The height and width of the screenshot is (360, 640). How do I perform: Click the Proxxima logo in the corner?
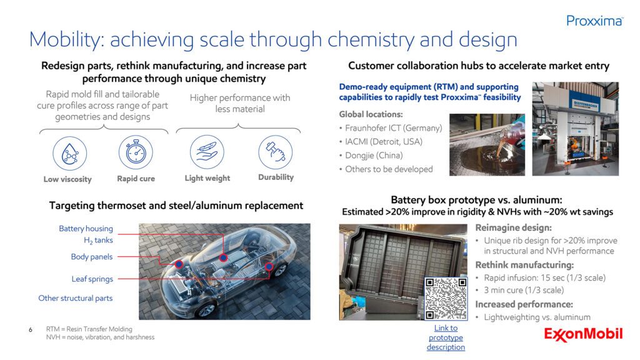point(595,21)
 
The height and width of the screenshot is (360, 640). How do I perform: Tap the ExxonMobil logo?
point(583,334)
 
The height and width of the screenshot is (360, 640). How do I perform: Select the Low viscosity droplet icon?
point(70,154)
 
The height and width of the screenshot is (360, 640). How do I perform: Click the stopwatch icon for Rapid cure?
point(136,152)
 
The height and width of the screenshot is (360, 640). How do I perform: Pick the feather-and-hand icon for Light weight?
point(207,152)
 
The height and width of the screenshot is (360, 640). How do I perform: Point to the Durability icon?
point(276,152)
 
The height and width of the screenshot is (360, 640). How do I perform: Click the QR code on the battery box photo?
point(446,299)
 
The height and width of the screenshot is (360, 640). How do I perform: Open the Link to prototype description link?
point(446,337)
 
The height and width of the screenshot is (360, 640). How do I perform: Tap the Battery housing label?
point(86,229)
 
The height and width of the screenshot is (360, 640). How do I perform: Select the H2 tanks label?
point(98,241)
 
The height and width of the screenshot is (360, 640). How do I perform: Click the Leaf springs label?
point(92,279)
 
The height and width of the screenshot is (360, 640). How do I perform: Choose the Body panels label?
point(92,257)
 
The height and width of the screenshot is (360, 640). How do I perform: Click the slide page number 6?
point(31,330)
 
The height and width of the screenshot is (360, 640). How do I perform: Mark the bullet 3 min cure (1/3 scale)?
point(524,290)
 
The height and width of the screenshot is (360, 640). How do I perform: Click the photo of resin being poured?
point(487,144)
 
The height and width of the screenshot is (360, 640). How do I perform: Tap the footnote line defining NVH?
point(101,337)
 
